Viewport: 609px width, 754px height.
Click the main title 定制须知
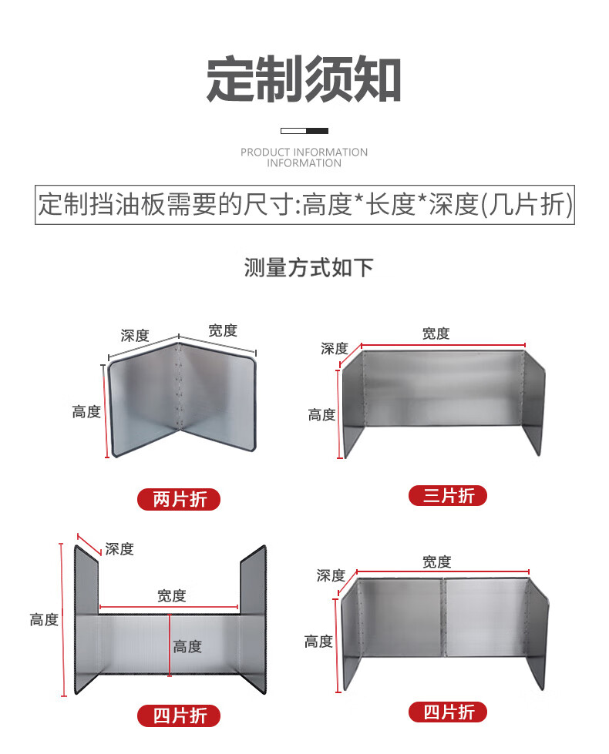click(x=304, y=79)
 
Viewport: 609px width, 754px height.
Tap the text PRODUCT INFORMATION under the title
click(x=304, y=152)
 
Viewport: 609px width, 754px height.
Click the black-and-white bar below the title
click(x=304, y=131)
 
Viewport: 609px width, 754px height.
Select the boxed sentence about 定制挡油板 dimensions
click(x=304, y=204)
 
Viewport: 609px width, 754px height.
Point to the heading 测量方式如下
click(x=308, y=267)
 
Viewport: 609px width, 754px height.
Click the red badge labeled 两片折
click(x=179, y=500)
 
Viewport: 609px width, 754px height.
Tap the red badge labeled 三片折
click(x=448, y=496)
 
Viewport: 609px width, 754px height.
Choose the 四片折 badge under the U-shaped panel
click(x=179, y=716)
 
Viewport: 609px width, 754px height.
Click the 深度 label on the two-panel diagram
click(x=135, y=336)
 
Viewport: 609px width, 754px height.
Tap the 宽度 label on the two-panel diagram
click(x=223, y=331)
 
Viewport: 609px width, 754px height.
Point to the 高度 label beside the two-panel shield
click(x=86, y=411)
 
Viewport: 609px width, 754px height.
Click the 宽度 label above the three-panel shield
click(x=436, y=333)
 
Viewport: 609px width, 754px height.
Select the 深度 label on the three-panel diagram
click(x=334, y=349)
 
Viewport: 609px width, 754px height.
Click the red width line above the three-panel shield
click(x=443, y=345)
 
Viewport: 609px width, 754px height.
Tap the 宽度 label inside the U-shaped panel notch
click(x=171, y=596)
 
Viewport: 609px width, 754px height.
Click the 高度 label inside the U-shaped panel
click(x=187, y=647)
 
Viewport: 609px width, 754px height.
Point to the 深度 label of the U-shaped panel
click(x=119, y=548)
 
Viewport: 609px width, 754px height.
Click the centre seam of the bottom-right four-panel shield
click(x=443, y=617)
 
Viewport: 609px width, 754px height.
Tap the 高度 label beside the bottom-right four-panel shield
click(x=318, y=641)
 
